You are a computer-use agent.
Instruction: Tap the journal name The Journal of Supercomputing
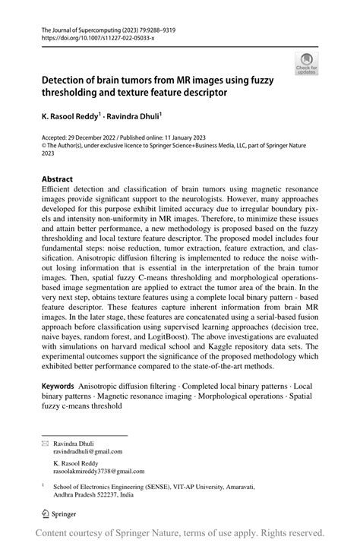pos(84,27)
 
